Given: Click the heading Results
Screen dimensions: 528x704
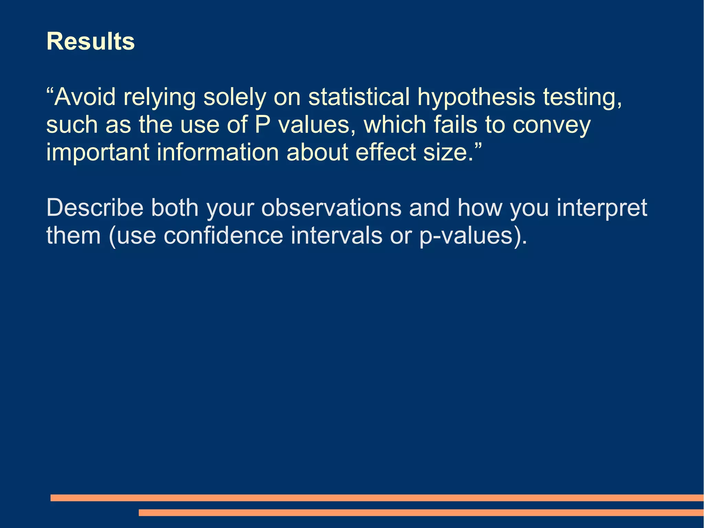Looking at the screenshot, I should pyautogui.click(x=90, y=41).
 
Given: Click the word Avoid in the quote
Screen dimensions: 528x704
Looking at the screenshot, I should pyautogui.click(x=85, y=97).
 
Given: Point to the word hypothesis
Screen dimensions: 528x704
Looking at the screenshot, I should pyautogui.click(x=476, y=97).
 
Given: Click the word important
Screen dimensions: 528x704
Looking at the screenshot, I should pyautogui.click(x=98, y=152).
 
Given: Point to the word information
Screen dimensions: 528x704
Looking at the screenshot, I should pyautogui.click(x=218, y=152).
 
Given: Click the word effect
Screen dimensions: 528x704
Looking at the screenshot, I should pyautogui.click(x=385, y=152).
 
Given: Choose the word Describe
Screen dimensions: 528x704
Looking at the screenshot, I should pyautogui.click(x=95, y=207).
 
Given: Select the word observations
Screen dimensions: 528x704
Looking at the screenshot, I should pyautogui.click(x=331, y=207).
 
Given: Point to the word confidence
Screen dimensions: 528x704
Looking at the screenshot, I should pyautogui.click(x=223, y=236).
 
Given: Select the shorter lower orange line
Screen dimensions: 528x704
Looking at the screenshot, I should pyautogui.click(x=421, y=513).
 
